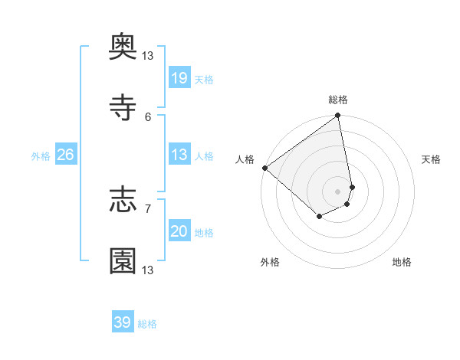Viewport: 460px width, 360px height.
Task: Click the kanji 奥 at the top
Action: click(123, 48)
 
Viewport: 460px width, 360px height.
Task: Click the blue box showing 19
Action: click(179, 78)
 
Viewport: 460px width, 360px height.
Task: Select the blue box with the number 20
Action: click(179, 231)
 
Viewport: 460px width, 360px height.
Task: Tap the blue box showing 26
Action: click(65, 155)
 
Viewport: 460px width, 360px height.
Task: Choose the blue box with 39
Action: click(123, 322)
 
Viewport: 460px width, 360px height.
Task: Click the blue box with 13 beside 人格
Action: click(179, 155)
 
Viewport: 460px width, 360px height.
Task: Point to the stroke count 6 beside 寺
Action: click(148, 116)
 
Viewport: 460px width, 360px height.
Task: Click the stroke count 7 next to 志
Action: click(148, 208)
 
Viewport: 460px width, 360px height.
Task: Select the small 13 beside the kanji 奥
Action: click(148, 55)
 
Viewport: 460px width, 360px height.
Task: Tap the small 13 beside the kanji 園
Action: click(148, 270)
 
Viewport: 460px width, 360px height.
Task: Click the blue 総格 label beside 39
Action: click(147, 324)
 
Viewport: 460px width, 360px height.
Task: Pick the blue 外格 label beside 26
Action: click(41, 156)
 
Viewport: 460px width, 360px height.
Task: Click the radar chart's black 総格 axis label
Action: click(338, 100)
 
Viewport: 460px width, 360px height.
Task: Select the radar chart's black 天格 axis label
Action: click(432, 159)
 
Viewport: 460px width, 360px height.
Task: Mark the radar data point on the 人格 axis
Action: click(264, 168)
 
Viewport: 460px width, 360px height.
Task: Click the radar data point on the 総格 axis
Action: click(338, 116)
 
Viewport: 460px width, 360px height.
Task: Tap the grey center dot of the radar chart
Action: click(338, 191)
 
